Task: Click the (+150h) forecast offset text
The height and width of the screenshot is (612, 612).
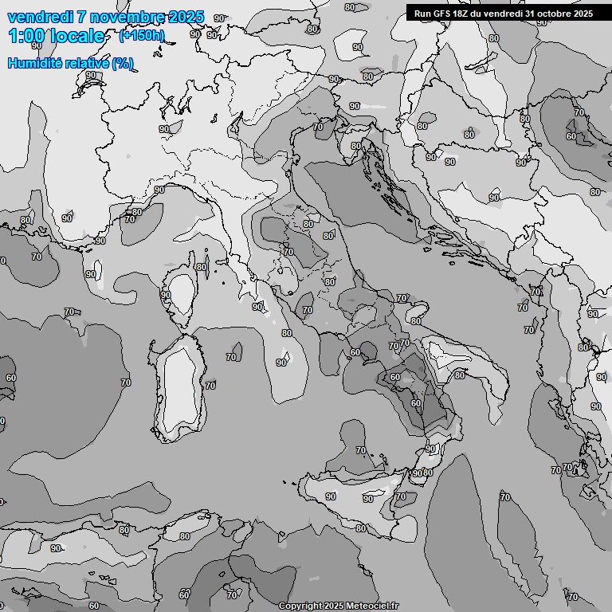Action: coord(141,36)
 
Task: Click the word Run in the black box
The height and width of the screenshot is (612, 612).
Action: coord(422,14)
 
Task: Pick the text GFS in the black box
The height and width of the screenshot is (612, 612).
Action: coord(442,14)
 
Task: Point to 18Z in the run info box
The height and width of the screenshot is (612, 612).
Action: coord(462,14)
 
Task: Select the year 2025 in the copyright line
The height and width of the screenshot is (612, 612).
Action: coord(331,606)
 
